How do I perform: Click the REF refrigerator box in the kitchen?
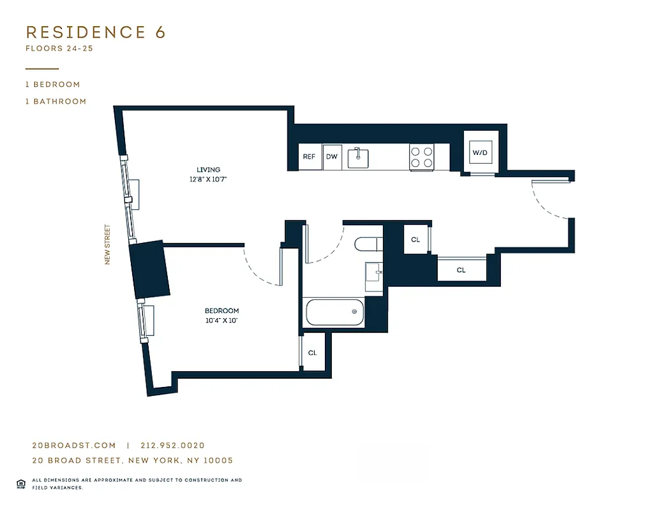309,157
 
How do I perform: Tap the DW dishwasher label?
331,157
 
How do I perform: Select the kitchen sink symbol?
358,157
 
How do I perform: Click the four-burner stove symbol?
421,157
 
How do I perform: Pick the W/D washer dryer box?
479,153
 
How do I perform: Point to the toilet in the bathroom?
368,244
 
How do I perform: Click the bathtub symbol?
334,312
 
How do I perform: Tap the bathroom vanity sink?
374,272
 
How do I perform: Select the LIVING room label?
209,170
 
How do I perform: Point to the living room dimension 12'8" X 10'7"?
209,179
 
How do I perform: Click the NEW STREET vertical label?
107,244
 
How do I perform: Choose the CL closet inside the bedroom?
313,353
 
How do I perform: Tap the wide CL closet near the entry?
461,270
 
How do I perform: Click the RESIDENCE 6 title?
96,33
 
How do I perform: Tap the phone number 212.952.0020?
171,446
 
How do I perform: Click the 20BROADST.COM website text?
74,446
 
